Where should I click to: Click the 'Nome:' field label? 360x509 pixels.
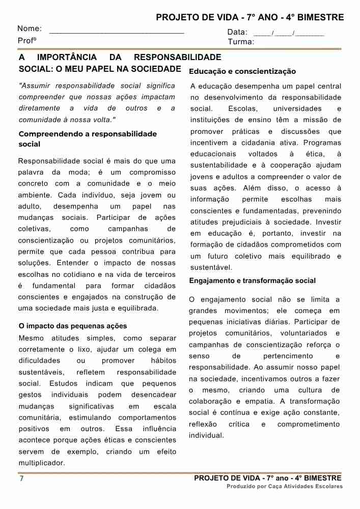(x=30, y=29)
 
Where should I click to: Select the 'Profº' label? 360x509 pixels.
(x=27, y=41)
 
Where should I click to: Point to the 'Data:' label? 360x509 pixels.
(x=237, y=32)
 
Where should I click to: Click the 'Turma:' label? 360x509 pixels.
(x=241, y=42)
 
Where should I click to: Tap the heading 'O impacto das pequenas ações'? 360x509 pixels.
(x=73, y=326)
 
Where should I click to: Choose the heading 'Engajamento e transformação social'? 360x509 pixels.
(x=252, y=280)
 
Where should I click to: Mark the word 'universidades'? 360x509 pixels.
(x=297, y=108)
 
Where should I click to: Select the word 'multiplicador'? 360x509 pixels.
(x=42, y=463)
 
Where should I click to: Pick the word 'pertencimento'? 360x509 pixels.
(x=288, y=356)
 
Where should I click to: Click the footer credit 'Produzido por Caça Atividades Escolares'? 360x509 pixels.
(x=285, y=487)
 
